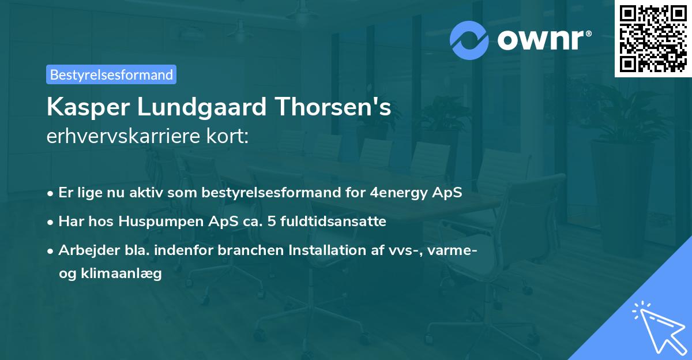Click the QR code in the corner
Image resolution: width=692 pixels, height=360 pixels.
click(653, 39)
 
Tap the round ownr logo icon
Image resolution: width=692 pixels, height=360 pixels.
click(469, 40)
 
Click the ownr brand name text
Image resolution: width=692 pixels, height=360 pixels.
click(544, 40)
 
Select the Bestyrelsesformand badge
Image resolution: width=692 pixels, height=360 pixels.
click(111, 74)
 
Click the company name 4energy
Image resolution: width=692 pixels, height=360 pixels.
click(397, 193)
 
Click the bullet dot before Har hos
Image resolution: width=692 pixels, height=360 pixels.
click(51, 222)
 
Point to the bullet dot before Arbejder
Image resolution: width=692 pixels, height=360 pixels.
click(51, 251)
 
